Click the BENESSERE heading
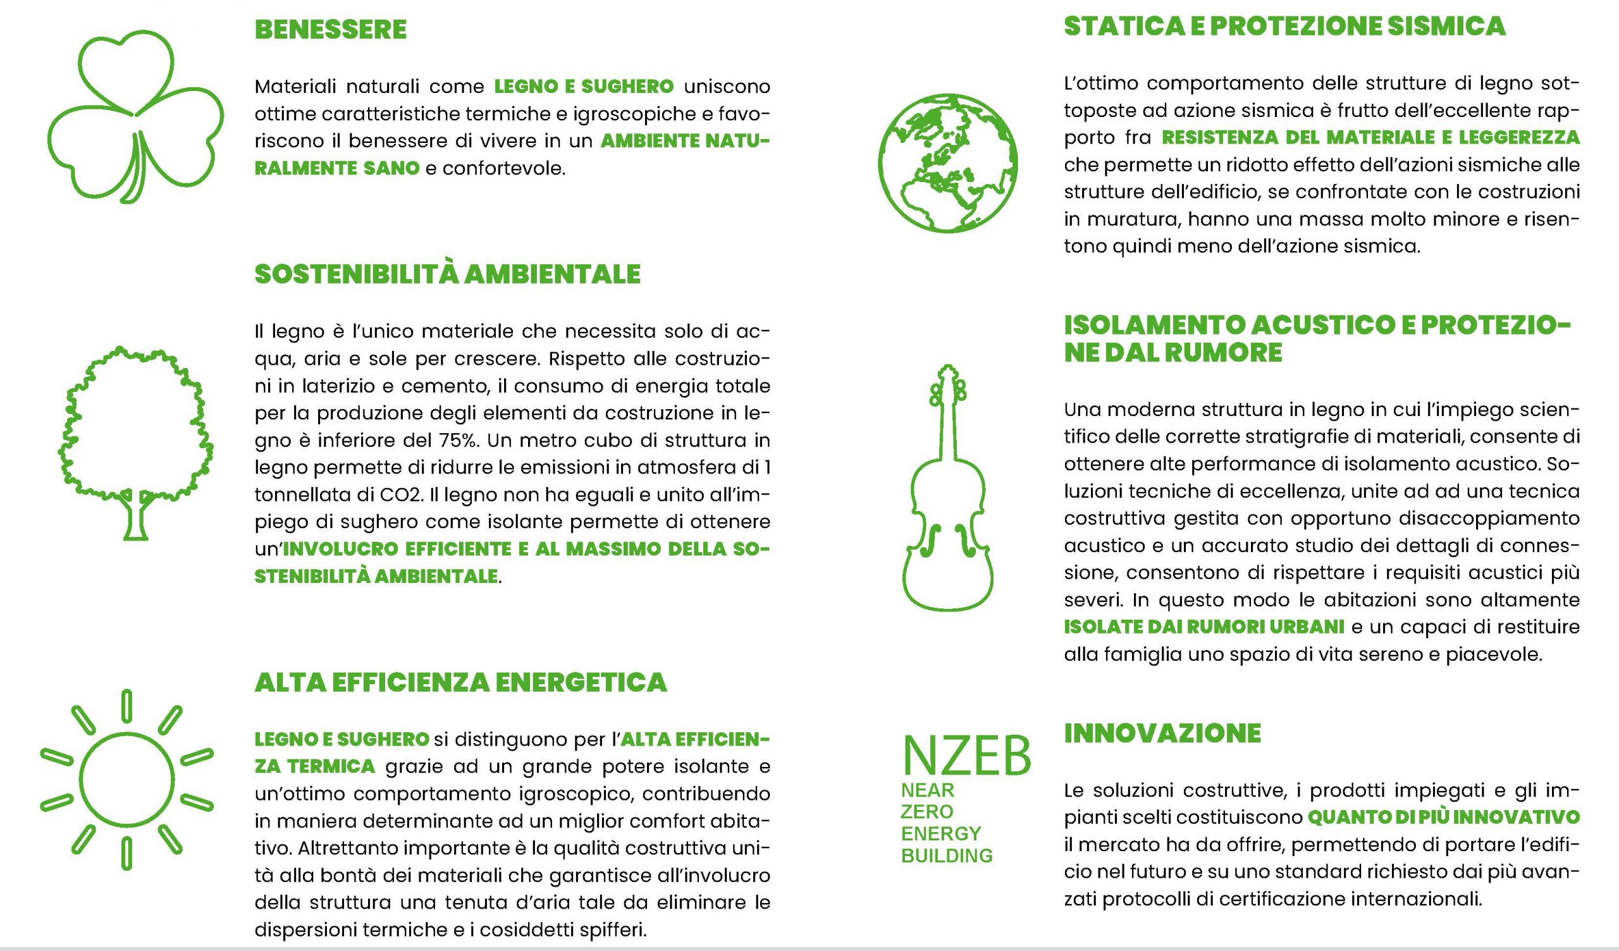[330, 30]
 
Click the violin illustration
[947, 488]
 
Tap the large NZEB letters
[966, 757]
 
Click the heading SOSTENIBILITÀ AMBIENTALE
[447, 274]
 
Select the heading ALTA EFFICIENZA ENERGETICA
[460, 682]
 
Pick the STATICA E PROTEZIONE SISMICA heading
[1285, 27]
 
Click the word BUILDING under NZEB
[946, 856]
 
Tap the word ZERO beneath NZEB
[926, 811]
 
